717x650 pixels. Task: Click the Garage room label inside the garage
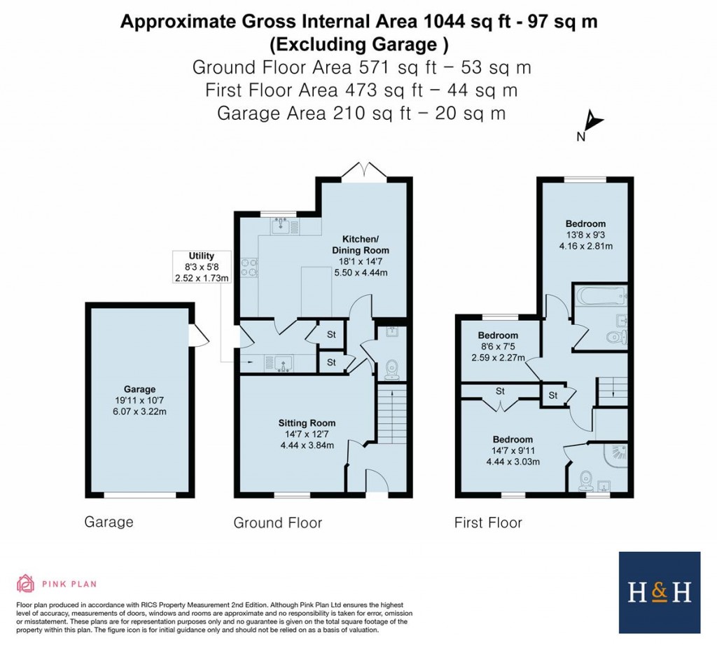139,389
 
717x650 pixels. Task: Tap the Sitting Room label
307,423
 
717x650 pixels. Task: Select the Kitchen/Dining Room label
361,244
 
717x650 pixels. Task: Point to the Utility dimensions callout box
202,267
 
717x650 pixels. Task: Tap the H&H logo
660,593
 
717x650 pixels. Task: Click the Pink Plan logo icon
26,583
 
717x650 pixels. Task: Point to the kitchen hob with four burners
249,268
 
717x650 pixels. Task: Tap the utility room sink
278,364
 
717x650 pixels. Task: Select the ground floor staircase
392,413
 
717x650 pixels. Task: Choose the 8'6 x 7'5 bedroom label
498,346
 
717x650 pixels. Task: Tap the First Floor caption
488,523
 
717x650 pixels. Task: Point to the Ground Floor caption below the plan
277,523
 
